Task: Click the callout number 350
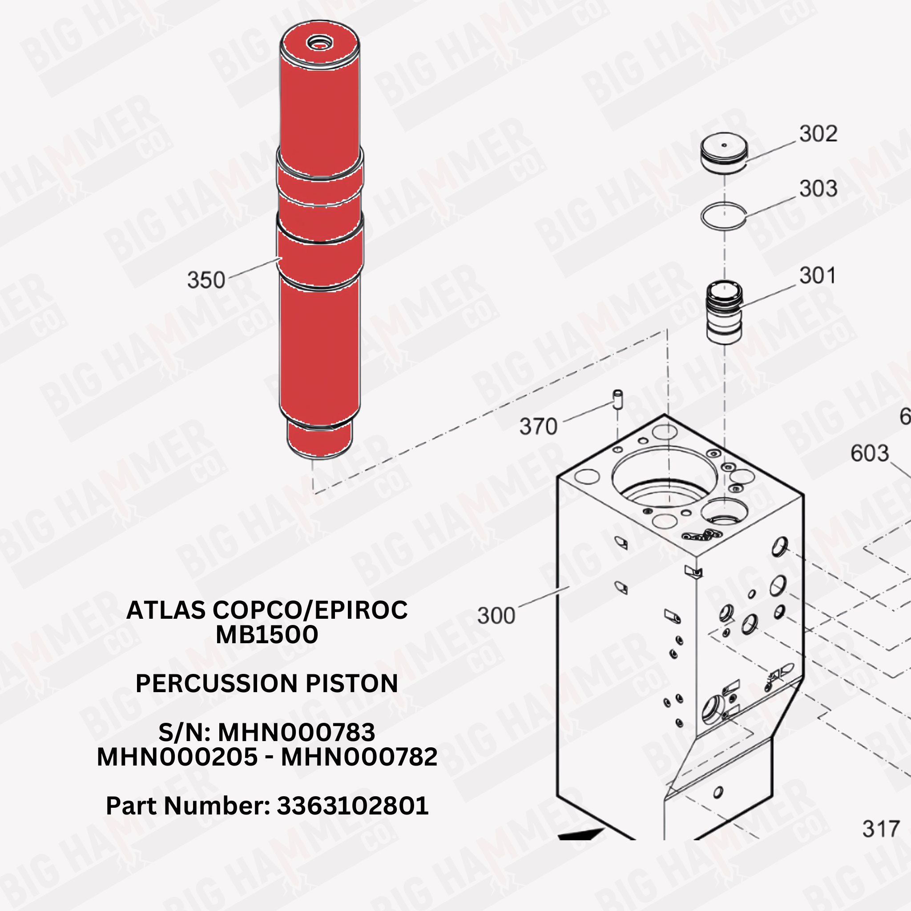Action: tap(206, 280)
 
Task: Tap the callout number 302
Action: tap(818, 134)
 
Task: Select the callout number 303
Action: tap(818, 189)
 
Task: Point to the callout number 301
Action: tap(817, 275)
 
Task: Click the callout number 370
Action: tap(538, 426)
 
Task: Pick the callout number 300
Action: tap(496, 616)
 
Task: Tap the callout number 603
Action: tap(870, 454)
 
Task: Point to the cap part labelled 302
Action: tap(723, 151)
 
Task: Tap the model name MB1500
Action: tap(267, 635)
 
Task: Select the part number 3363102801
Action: tap(353, 806)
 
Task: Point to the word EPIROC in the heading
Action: tap(361, 610)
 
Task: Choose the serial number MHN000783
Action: tap(297, 732)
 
